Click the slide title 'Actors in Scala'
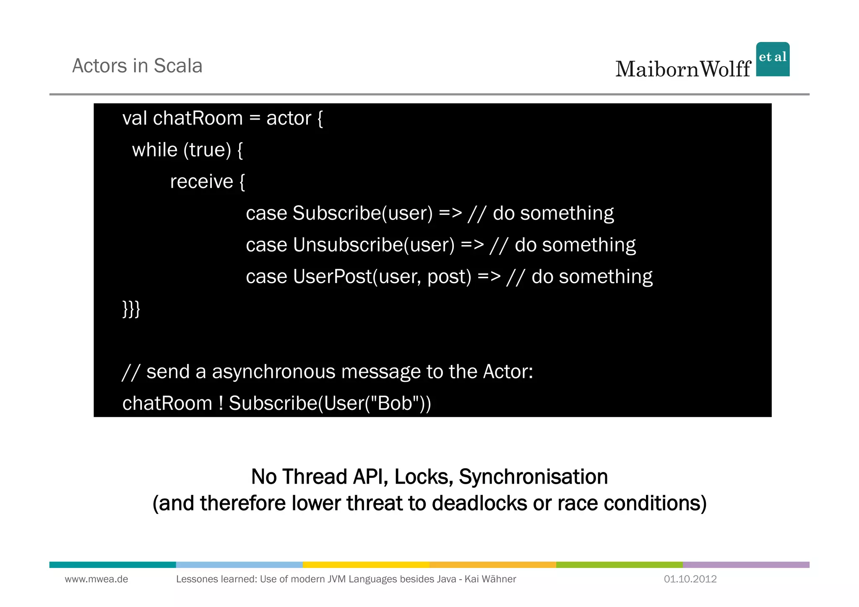click(137, 66)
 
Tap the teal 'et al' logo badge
click(773, 59)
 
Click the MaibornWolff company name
click(683, 69)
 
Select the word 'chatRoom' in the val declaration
click(198, 118)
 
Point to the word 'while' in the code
click(155, 150)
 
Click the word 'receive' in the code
click(201, 182)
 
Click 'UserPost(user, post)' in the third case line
click(382, 277)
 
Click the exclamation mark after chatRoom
click(221, 404)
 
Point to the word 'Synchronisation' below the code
click(533, 477)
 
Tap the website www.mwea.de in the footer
click(96, 579)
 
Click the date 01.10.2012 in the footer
click(690, 579)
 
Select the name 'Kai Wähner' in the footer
click(490, 579)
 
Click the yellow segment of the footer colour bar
click(366, 565)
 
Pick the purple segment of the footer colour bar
click(746, 565)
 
